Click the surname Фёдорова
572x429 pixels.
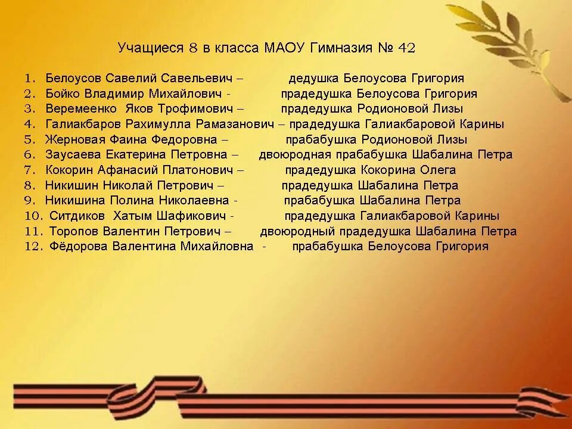[74, 247]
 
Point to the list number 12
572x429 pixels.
[32, 247]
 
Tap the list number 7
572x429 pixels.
[31, 170]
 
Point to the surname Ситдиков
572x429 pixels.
[74, 216]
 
